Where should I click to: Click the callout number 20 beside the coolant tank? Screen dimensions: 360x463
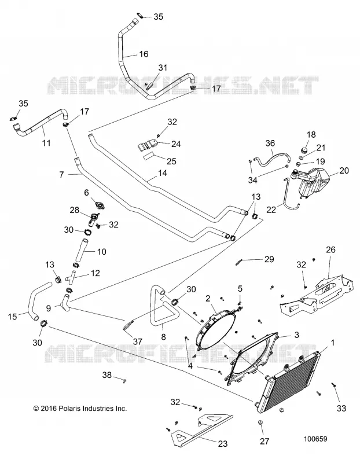[344, 171]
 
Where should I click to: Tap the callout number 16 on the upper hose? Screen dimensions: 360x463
[144, 54]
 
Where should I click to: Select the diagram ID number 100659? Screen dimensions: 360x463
[315, 439]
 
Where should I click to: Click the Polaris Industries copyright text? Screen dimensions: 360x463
[80, 409]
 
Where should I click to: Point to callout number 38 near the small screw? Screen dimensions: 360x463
[107, 375]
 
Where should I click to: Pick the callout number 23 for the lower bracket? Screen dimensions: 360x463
[223, 444]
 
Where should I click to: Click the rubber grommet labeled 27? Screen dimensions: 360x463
[261, 424]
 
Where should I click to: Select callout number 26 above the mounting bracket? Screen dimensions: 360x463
[330, 250]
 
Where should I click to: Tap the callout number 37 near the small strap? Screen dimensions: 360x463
[138, 341]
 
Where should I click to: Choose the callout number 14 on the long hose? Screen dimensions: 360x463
[162, 173]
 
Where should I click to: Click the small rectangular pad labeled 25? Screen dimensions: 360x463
[149, 156]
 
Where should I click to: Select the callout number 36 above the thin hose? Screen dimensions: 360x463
[270, 143]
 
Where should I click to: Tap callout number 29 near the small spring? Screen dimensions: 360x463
[269, 259]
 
